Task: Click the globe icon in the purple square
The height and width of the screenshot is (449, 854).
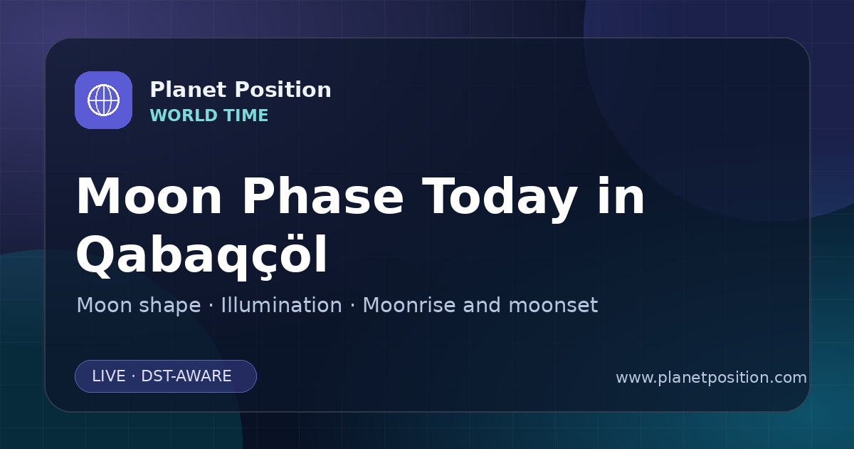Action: [x=103, y=100]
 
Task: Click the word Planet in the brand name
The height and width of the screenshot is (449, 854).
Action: [x=189, y=90]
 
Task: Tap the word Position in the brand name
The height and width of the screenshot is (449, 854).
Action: [x=283, y=90]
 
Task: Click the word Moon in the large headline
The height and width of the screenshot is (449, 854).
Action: [x=149, y=197]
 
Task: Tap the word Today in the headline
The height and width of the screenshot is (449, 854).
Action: [x=500, y=199]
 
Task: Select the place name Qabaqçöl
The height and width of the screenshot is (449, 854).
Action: [x=201, y=256]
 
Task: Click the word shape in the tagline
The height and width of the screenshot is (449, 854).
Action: [x=169, y=306]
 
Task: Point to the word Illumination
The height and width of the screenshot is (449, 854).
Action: [x=281, y=305]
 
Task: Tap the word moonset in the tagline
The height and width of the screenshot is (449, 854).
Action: [x=553, y=306]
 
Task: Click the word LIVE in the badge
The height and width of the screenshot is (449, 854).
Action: [x=109, y=376]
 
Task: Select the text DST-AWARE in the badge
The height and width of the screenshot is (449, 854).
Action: [x=186, y=376]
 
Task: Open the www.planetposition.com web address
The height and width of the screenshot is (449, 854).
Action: [x=712, y=378]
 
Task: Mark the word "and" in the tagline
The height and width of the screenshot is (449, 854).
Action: [x=482, y=305]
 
